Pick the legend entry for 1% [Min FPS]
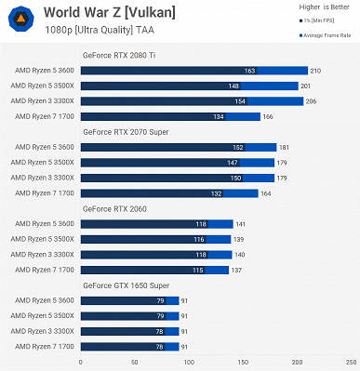(x=327, y=20)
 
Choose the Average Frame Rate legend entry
(x=327, y=34)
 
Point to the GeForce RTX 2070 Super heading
(x=127, y=132)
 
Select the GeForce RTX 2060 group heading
(x=117, y=208)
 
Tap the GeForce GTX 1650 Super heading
(x=127, y=285)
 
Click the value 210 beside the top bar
(x=315, y=71)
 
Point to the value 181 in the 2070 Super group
(x=284, y=147)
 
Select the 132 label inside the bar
(x=216, y=192)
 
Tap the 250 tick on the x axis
(x=351, y=361)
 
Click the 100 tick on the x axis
(x=189, y=361)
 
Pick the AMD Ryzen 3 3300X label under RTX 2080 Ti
(x=43, y=101)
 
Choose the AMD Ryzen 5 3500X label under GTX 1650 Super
(x=43, y=314)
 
